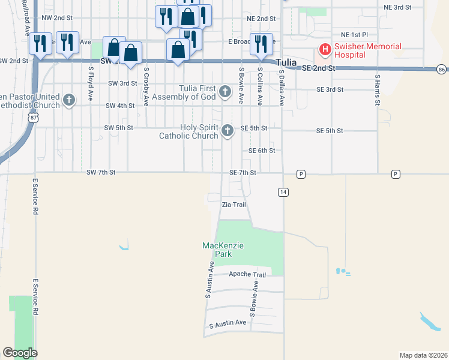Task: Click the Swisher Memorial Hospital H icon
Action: click(x=325, y=49)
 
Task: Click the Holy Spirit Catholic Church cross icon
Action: click(x=227, y=130)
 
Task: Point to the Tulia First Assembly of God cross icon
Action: click(x=224, y=92)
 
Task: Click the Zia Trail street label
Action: click(x=234, y=205)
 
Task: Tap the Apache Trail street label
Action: click(x=247, y=275)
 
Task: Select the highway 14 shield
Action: click(x=282, y=191)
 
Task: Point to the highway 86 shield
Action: click(x=442, y=69)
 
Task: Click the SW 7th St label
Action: click(x=100, y=173)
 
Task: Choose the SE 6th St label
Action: click(x=258, y=151)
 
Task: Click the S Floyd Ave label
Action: click(x=91, y=77)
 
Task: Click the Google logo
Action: click(x=20, y=353)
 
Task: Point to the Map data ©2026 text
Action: click(x=423, y=355)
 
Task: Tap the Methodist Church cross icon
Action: click(x=69, y=100)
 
